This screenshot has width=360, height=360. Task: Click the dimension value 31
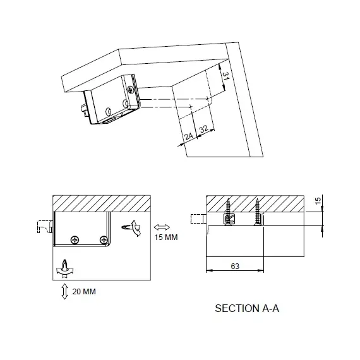[x=226, y=76]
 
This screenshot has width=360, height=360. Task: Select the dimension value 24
[x=188, y=136]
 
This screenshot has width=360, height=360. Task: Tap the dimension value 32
[x=203, y=129]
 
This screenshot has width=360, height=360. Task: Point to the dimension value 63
[x=235, y=266]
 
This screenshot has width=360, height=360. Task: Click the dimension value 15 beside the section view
[x=318, y=201]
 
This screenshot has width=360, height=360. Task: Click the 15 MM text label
[x=166, y=237]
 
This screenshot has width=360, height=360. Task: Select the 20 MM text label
[x=84, y=292]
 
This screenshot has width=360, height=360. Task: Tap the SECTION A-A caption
[x=247, y=308]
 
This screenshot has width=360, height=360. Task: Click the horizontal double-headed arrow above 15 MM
[x=162, y=227]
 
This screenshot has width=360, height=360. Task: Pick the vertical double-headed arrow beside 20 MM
[x=65, y=291]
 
